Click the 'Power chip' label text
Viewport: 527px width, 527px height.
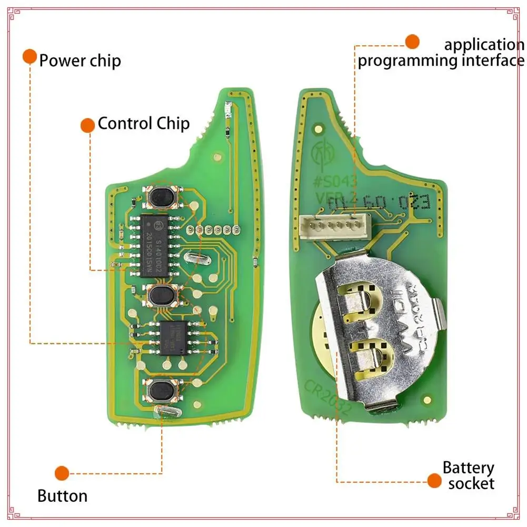click(80, 61)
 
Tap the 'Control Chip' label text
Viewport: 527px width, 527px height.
click(143, 124)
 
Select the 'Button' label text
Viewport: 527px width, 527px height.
click(62, 495)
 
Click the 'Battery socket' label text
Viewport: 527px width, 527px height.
click(468, 475)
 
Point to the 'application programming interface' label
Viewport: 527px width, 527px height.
click(441, 53)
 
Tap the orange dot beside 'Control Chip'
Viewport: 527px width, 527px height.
click(87, 125)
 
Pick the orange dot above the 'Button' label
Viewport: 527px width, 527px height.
click(62, 472)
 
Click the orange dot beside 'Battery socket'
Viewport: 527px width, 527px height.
click(434, 480)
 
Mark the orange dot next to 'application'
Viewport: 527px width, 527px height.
click(412, 42)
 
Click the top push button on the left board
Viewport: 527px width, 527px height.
click(161, 196)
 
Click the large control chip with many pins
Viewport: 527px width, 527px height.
click(155, 245)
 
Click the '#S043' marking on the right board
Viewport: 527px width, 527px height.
click(335, 182)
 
